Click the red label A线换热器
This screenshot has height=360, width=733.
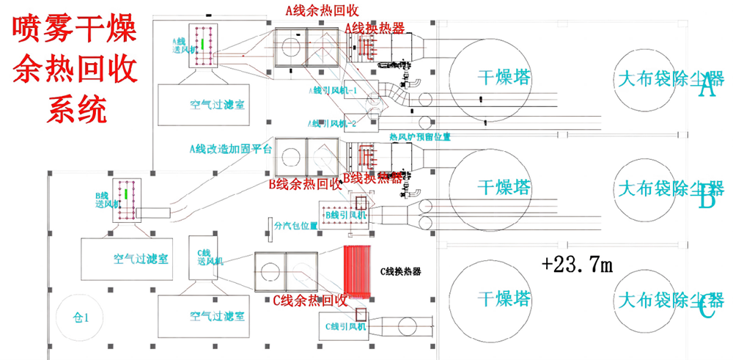pos(375,28)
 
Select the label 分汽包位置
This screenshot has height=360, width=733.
pos(297,226)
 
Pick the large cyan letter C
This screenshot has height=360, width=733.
pos(706,311)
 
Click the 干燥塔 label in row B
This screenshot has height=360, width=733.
pos(503,188)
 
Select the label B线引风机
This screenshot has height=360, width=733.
pos(344,213)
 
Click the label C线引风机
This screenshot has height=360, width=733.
pos(345,323)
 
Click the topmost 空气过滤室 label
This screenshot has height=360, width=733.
pos(213,106)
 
